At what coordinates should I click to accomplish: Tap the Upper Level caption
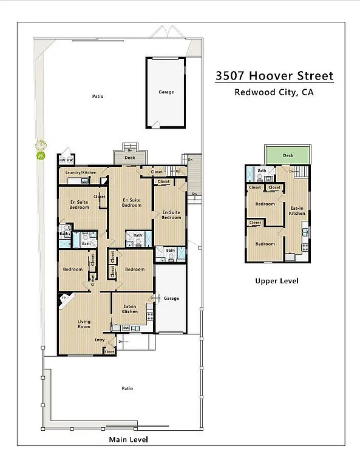point(276,281)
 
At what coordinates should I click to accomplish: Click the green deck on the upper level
point(288,155)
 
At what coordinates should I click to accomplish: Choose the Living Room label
point(84,324)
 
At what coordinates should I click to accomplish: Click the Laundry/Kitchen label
point(81,172)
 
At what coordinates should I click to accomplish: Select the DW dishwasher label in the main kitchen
point(126,328)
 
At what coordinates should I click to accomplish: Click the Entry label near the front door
point(100,340)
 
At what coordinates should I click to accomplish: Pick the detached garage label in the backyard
point(166,92)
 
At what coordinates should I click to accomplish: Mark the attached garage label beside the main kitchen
point(171,299)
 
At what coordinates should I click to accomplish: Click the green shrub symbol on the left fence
point(41,149)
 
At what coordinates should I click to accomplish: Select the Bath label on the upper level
point(262,171)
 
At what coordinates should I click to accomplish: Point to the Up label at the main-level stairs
point(178,172)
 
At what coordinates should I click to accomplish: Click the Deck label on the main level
point(129,158)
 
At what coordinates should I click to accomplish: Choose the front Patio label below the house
point(126,388)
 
